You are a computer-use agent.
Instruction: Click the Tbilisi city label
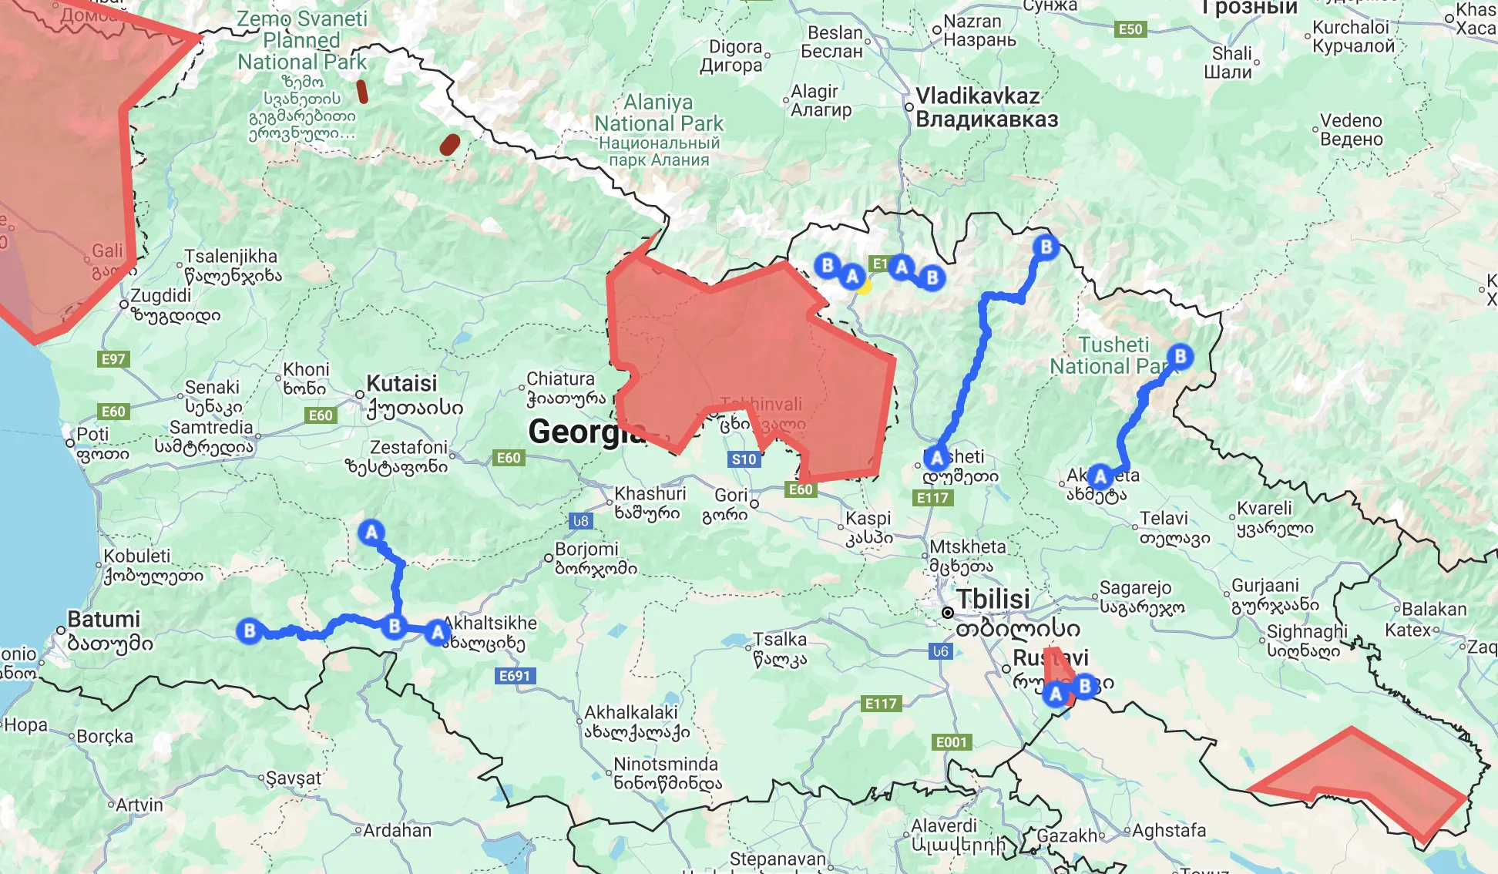click(x=993, y=599)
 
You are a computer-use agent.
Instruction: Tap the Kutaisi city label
click(x=401, y=384)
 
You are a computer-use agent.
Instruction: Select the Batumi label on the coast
click(x=104, y=620)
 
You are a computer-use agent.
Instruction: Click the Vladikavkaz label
click(x=978, y=96)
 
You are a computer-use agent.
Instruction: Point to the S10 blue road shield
click(x=744, y=459)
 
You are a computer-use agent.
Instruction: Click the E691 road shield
click(x=515, y=676)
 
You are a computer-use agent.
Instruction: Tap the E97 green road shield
click(x=113, y=359)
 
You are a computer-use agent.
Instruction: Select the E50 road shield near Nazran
click(x=1130, y=29)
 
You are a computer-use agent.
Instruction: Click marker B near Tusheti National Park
click(x=1180, y=356)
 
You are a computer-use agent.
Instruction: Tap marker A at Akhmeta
click(x=1100, y=476)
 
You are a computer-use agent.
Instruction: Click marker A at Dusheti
click(x=937, y=458)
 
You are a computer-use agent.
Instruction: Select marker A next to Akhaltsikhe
click(x=438, y=633)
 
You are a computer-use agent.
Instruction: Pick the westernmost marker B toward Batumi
click(x=250, y=630)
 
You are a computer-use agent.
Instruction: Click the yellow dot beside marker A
click(x=864, y=287)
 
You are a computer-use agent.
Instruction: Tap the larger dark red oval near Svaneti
click(x=449, y=144)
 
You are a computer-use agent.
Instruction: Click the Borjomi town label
click(x=586, y=550)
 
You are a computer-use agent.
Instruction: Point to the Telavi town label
click(x=1164, y=519)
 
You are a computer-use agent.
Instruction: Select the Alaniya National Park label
click(x=659, y=113)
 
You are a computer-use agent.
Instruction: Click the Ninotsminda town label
click(x=666, y=765)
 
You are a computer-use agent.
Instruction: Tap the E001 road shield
click(x=951, y=742)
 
